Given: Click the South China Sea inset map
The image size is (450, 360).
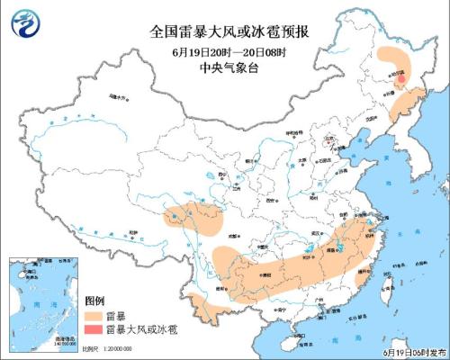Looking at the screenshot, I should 41,301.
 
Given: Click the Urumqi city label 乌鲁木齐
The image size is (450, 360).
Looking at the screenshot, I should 115,95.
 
